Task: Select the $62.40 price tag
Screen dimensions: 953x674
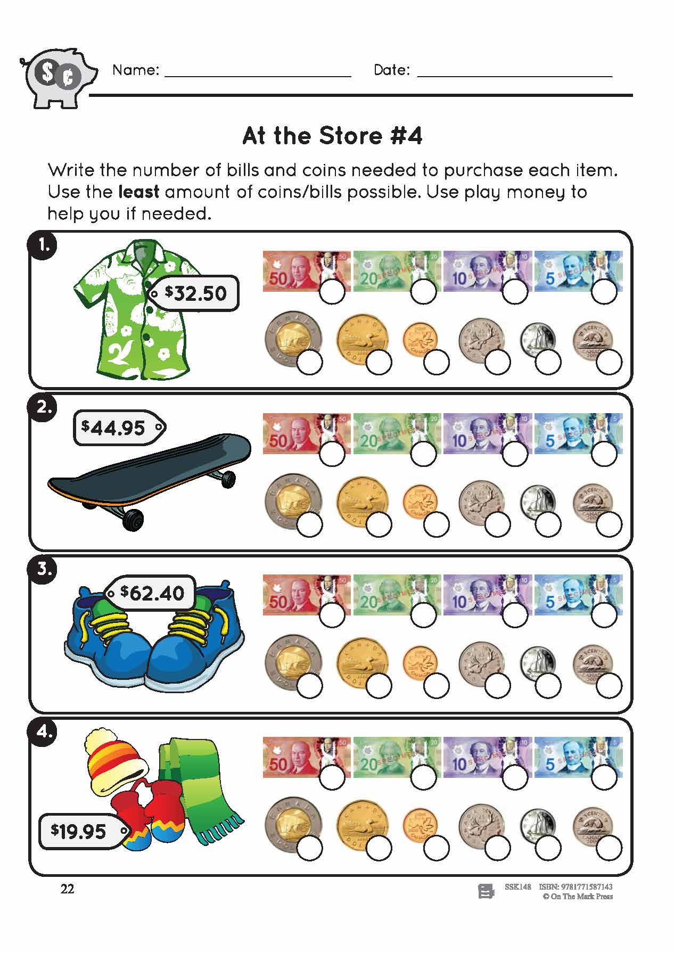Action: click(151, 592)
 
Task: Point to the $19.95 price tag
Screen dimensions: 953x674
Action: click(83, 831)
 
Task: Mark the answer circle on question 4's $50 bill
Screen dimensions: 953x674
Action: click(332, 778)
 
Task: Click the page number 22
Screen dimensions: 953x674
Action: click(68, 889)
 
